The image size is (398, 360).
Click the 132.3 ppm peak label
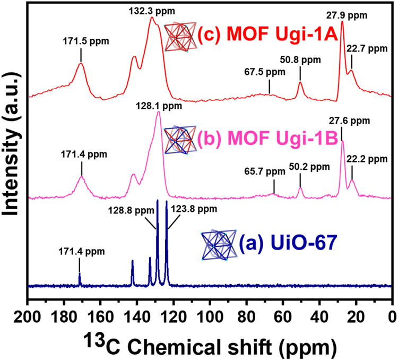(152, 11)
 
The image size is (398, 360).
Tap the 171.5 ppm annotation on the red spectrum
(86, 41)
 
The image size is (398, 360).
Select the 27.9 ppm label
(347, 15)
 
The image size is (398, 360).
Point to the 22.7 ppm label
(367, 48)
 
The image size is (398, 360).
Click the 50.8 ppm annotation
(300, 60)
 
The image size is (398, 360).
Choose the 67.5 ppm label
(265, 72)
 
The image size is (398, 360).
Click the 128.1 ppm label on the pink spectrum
(159, 106)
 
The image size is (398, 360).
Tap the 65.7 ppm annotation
(265, 172)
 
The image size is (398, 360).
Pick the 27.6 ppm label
(350, 121)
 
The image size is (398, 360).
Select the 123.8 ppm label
(194, 209)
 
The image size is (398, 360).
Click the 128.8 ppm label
(131, 210)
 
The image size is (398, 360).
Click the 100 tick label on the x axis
(210, 317)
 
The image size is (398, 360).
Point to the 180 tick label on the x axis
(64, 317)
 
